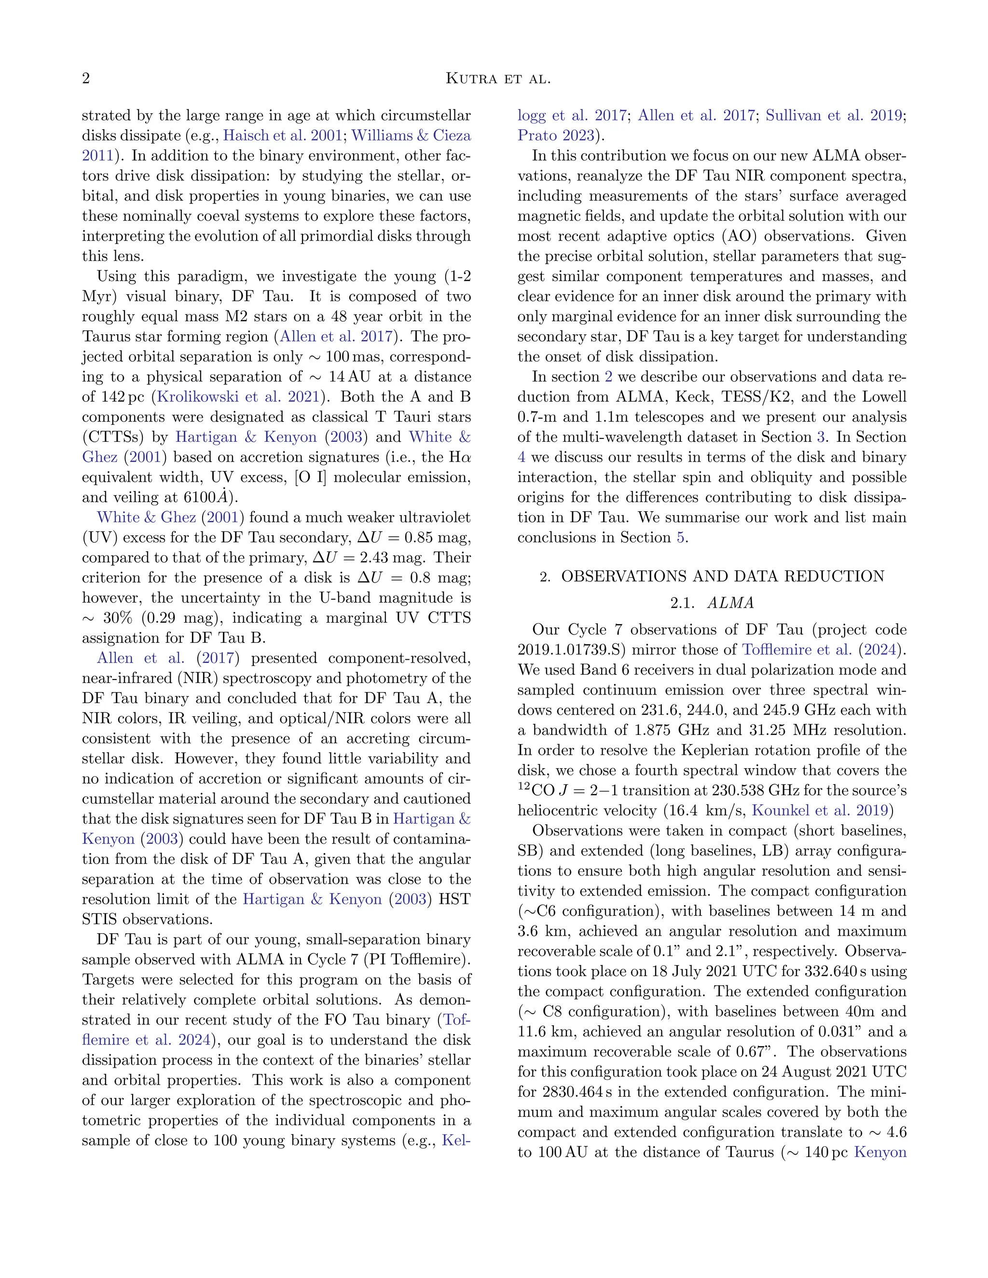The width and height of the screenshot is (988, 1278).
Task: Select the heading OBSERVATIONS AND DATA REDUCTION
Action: tap(722, 576)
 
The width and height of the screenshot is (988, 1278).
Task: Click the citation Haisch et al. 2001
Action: tap(283, 136)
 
